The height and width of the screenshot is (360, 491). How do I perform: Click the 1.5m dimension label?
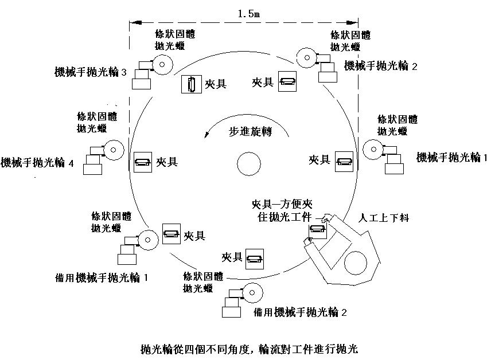pos(249,14)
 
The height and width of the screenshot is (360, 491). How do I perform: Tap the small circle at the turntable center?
pos(249,164)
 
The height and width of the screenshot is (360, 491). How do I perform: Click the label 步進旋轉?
pos(250,132)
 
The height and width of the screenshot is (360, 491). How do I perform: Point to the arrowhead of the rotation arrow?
pos(206,135)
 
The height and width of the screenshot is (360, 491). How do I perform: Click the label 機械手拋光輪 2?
pos(381,66)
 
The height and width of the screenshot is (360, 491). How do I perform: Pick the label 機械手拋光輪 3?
pos(91,72)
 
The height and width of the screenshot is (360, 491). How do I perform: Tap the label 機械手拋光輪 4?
pos(37,163)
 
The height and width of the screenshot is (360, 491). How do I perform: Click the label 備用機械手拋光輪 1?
pos(102,277)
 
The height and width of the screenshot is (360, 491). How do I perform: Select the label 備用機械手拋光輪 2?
pos(300,312)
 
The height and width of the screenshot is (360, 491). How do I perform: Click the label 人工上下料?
pos(384,218)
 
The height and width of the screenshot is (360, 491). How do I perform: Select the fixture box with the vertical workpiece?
pos(192,84)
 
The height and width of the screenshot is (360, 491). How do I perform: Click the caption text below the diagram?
pos(249,349)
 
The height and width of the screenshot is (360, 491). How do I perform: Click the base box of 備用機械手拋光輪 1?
pos(127,260)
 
